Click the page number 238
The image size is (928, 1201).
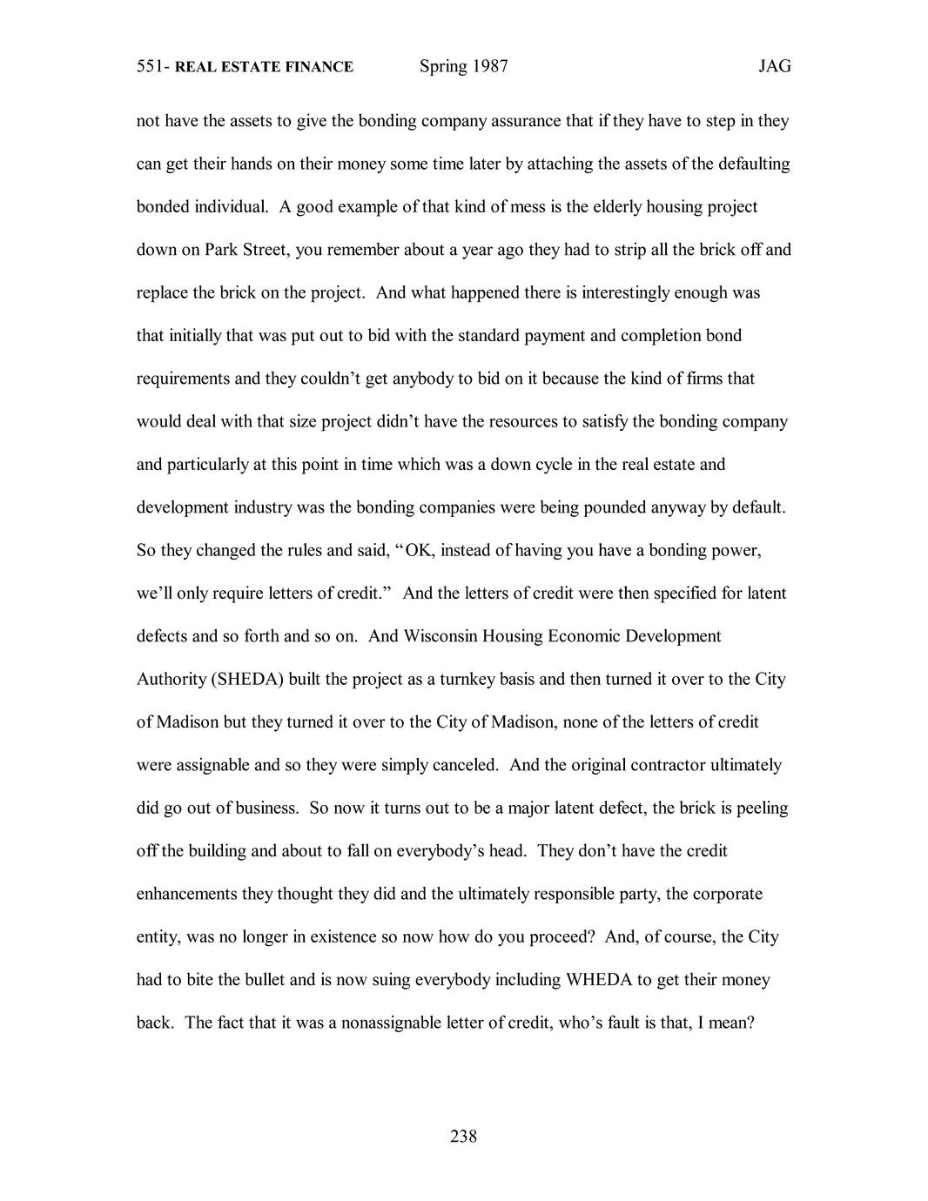463,1136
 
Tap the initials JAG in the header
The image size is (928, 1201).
774,66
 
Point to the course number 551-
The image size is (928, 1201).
153,66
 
